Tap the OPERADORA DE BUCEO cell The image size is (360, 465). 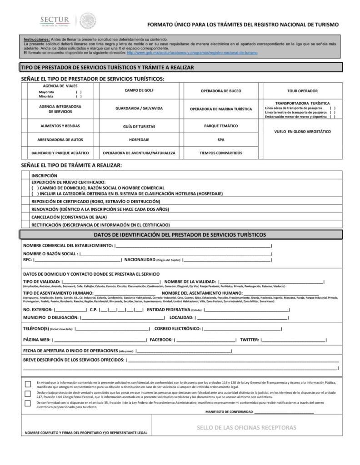tap(221, 91)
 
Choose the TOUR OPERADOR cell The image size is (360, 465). tap(302, 91)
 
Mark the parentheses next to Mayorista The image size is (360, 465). tap(79, 92)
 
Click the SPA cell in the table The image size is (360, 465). tap(221, 140)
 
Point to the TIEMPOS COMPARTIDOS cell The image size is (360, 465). tap(221, 153)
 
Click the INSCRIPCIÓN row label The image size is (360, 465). tap(45, 175)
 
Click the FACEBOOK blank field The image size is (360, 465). tap(205, 340)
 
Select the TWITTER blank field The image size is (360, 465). tap(294, 340)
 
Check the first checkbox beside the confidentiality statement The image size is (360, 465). tap(28, 384)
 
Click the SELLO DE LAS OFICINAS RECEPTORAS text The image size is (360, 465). tap(246, 428)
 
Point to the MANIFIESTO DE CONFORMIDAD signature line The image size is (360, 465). tap(284, 412)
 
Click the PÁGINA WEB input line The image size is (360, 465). tap(100, 340)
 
